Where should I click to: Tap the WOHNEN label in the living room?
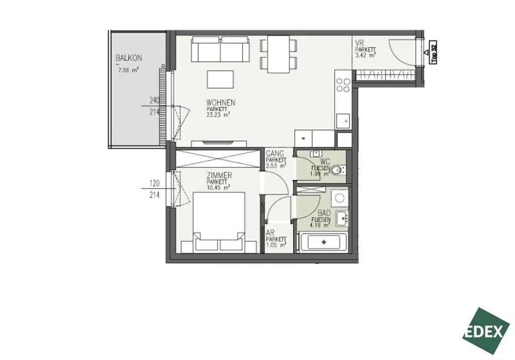[220, 103]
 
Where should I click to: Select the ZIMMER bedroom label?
[219, 175]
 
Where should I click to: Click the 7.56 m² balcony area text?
[128, 70]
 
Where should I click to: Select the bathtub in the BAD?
[323, 242]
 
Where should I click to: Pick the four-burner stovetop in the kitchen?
[344, 85]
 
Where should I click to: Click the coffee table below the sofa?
[220, 79]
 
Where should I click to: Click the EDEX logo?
[486, 331]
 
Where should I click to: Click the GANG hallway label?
[275, 153]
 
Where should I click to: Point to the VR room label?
[359, 43]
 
